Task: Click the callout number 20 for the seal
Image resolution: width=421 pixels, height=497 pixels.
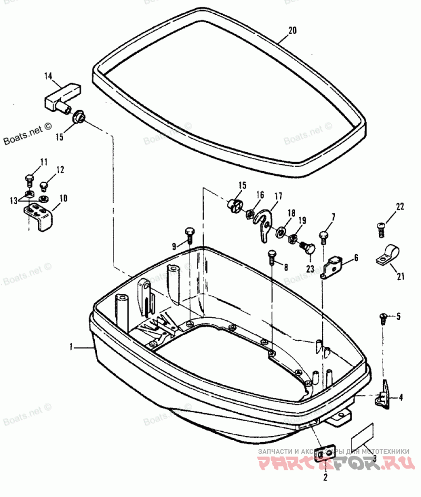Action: click(x=293, y=31)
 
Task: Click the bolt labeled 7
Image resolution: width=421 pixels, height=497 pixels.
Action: click(x=324, y=235)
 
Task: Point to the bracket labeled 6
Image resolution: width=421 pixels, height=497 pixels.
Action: click(x=333, y=265)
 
